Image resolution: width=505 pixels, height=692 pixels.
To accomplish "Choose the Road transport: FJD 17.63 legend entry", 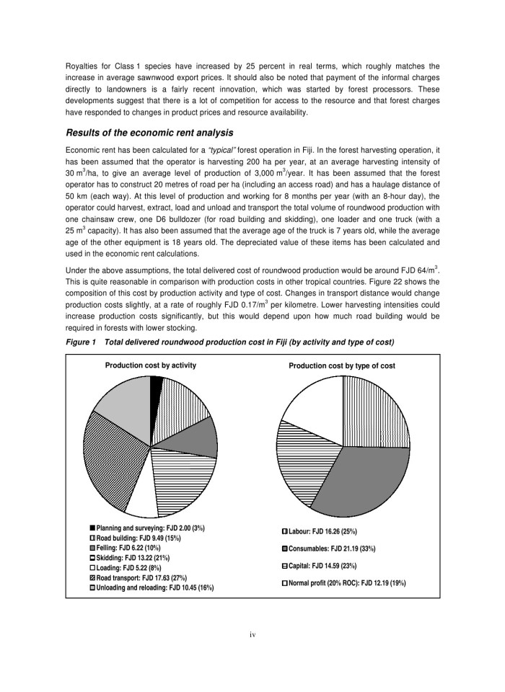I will pos(141,578).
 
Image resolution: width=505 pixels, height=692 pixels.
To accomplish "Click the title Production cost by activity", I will pos(151,365).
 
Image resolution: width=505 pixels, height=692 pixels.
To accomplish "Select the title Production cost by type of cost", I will pos(342,365).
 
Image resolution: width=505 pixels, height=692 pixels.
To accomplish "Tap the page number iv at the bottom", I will pos(252,634).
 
